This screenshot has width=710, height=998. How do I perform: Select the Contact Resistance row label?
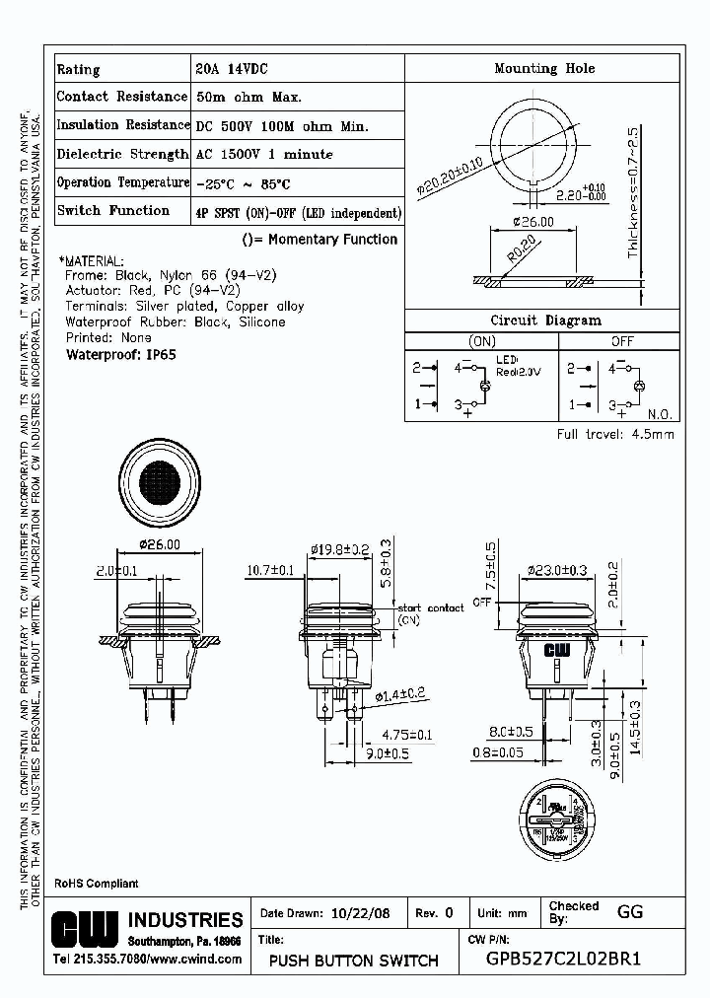click(121, 97)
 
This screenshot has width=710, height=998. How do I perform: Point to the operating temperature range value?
click(243, 184)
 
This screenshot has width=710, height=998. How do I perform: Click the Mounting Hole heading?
click(543, 69)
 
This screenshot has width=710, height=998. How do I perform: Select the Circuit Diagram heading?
click(545, 321)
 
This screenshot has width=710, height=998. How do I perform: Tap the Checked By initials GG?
click(630, 912)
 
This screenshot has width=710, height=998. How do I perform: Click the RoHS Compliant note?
click(96, 884)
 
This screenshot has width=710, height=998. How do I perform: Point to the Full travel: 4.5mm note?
click(615, 435)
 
